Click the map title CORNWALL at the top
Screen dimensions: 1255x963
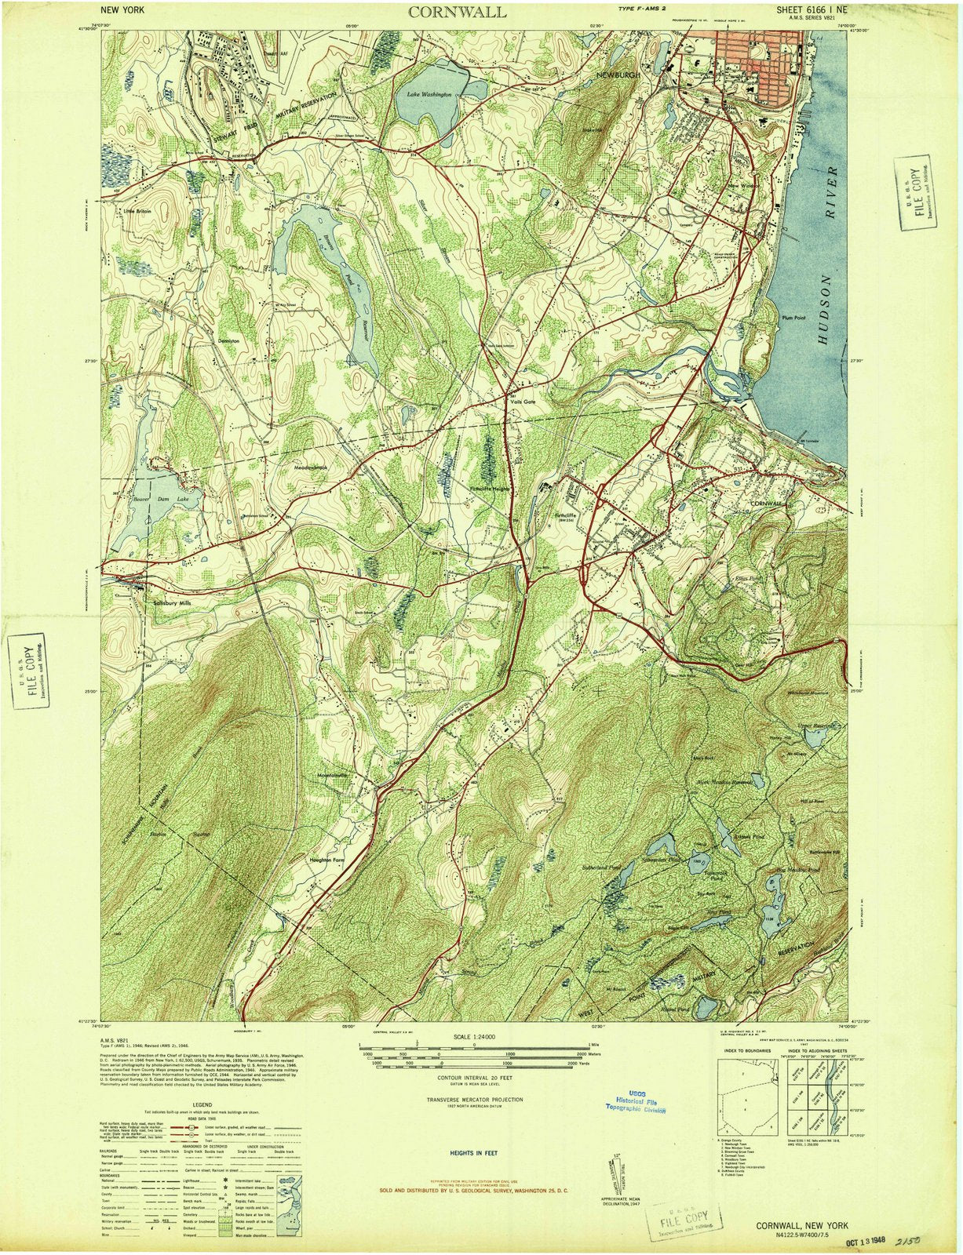(457, 12)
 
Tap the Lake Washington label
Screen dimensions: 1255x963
(429, 94)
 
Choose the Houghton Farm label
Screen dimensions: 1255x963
(327, 860)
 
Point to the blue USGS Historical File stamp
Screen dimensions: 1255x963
(635, 1104)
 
